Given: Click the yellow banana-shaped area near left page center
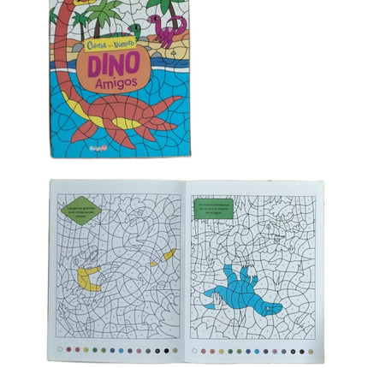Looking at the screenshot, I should (x=88, y=276).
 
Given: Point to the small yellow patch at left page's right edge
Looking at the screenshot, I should (x=169, y=254).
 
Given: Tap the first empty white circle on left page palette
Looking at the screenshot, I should (x=62, y=349).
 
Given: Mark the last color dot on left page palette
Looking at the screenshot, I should (x=175, y=349).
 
